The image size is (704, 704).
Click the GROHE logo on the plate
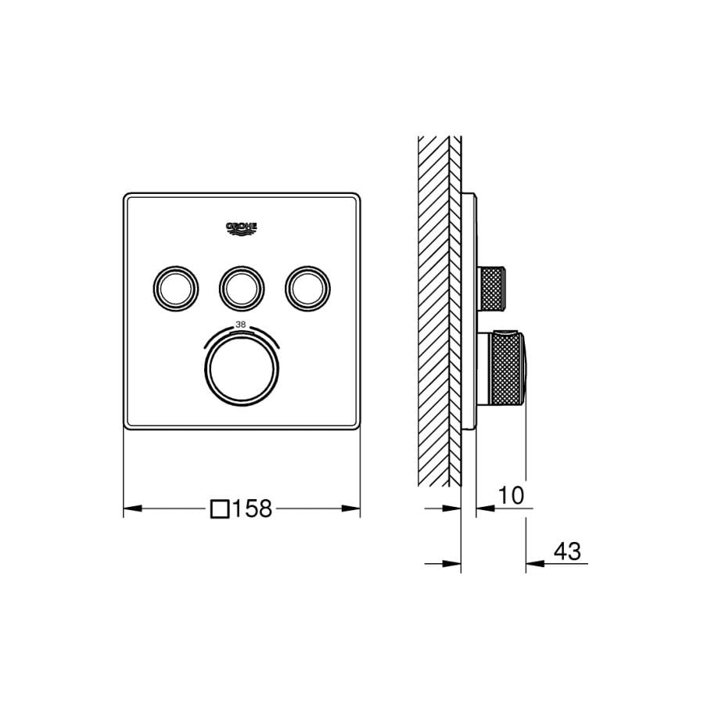tap(241, 228)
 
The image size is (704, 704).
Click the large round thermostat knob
tap(241, 368)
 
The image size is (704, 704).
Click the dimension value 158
tap(252, 509)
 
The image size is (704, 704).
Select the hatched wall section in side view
tap(434, 313)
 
